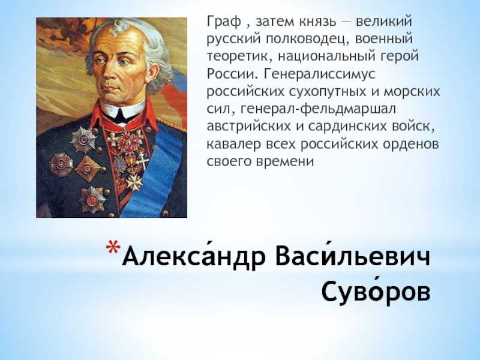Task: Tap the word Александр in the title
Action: tap(193, 256)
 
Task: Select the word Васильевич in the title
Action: tap(353, 256)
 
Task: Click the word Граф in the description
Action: tap(224, 22)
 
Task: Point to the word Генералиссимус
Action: tap(319, 74)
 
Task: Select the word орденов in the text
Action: tap(411, 144)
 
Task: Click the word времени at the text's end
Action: tap(284, 161)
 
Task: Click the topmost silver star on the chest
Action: tap(83, 140)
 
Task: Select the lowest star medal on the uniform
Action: tap(92, 200)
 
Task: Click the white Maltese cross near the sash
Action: tap(134, 183)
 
